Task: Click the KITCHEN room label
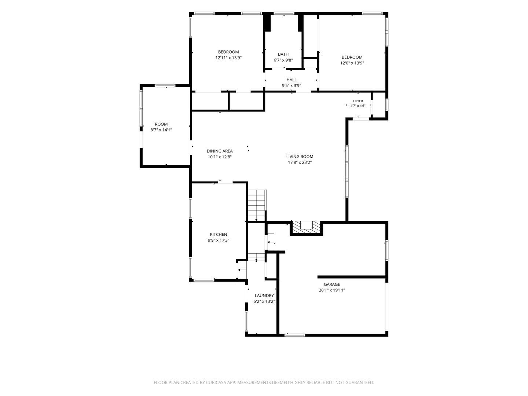pyautogui.click(x=218, y=234)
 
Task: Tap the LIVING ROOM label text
pyautogui.click(x=300, y=157)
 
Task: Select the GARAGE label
pyautogui.click(x=332, y=284)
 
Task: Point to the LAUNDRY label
pyautogui.click(x=264, y=296)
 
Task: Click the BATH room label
pyautogui.click(x=283, y=54)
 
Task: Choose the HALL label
pyautogui.click(x=291, y=80)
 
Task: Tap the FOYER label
pyautogui.click(x=358, y=101)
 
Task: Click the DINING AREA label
pyautogui.click(x=220, y=151)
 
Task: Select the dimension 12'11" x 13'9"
pyautogui.click(x=228, y=58)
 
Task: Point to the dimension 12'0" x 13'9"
pyautogui.click(x=352, y=63)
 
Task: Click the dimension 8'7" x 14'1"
pyautogui.click(x=161, y=130)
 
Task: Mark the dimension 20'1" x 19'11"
pyautogui.click(x=332, y=290)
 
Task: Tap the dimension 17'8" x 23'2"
pyautogui.click(x=300, y=162)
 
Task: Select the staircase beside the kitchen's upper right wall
pyautogui.click(x=257, y=205)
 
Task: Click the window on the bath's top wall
pyautogui.click(x=284, y=14)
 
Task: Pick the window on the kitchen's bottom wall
pyautogui.click(x=204, y=280)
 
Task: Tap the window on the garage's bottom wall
pyautogui.click(x=295, y=335)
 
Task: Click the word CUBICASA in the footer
pyautogui.click(x=216, y=382)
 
